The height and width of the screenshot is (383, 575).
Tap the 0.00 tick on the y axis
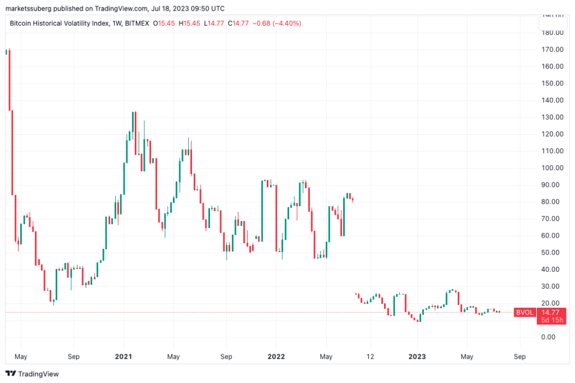[553, 337]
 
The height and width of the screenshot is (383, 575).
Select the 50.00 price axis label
[553, 253]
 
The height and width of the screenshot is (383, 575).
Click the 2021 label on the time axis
[124, 357]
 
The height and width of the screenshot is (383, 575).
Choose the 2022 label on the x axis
[276, 357]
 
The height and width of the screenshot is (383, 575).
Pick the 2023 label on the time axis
[417, 357]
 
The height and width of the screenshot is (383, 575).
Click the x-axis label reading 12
[370, 357]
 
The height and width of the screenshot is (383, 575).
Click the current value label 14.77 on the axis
[551, 312]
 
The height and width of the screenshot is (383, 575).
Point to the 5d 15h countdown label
[551, 320]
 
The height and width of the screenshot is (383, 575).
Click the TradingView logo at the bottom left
[32, 373]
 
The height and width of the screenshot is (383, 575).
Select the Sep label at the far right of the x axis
[519, 357]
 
